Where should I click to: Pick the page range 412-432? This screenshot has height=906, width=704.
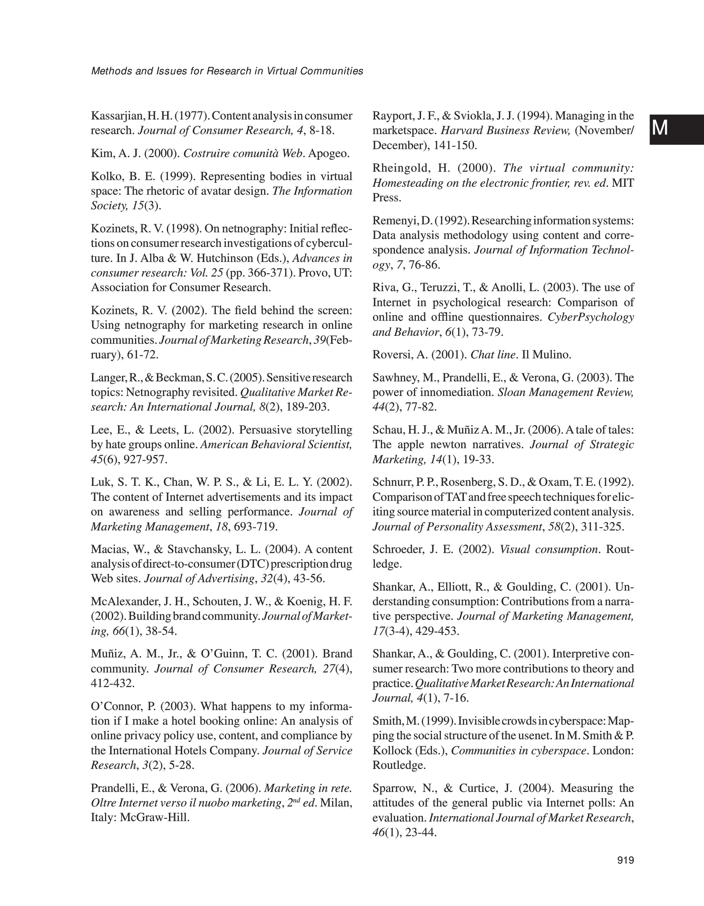click(x=112, y=683)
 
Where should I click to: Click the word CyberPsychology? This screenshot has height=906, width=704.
click(x=590, y=317)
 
